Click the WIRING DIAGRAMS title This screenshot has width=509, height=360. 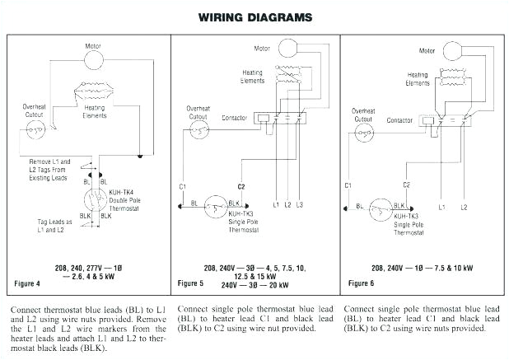coord(254,16)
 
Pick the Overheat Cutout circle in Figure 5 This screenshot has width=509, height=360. coord(201,133)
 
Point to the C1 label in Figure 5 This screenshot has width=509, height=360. coord(181,187)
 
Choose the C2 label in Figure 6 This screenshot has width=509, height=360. coord(406,185)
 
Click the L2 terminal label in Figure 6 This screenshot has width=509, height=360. coord(464,206)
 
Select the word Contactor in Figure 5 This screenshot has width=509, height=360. coord(235,118)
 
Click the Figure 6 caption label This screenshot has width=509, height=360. coord(361,283)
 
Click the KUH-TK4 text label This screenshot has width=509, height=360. coord(122,192)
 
